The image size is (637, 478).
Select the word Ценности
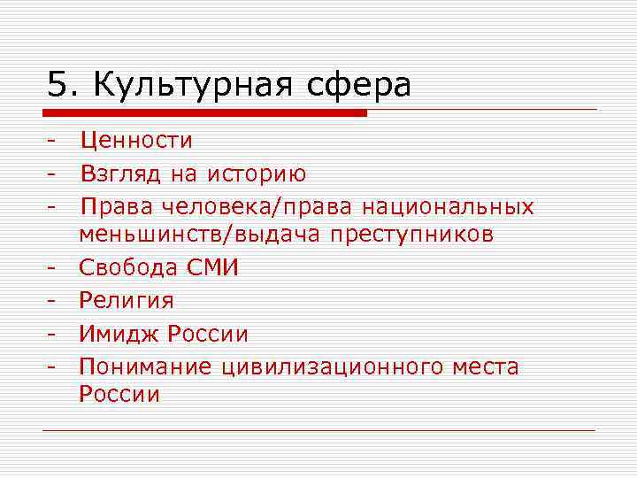[x=136, y=140]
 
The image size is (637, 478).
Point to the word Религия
[x=127, y=301]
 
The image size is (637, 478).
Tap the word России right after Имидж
[x=209, y=335]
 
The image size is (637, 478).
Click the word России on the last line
[x=119, y=394]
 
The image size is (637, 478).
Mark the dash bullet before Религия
[x=53, y=301]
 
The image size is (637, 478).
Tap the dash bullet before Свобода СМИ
[x=53, y=267]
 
